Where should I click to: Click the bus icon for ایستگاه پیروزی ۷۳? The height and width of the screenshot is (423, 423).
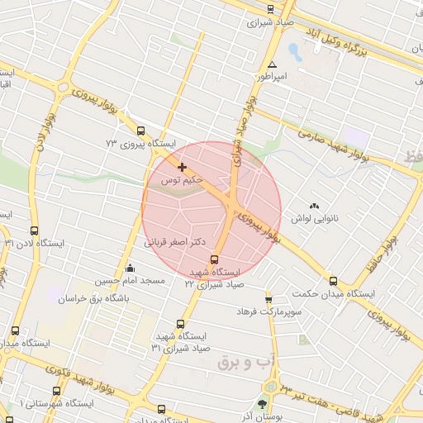click(x=140, y=131)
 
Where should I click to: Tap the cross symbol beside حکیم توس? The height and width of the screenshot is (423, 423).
click(x=182, y=168)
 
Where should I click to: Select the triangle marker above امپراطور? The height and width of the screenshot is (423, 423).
click(x=272, y=64)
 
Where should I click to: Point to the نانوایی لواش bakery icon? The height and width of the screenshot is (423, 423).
click(x=313, y=206)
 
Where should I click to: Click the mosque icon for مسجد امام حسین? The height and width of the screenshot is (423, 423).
click(x=130, y=269)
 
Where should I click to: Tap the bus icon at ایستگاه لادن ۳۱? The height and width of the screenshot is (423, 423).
click(x=34, y=231)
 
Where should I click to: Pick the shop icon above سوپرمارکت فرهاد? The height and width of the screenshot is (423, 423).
click(x=269, y=299)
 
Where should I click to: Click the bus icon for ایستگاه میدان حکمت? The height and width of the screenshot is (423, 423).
click(x=333, y=281)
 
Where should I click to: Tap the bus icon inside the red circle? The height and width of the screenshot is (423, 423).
click(x=216, y=260)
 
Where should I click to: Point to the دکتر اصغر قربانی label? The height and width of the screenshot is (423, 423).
click(x=175, y=243)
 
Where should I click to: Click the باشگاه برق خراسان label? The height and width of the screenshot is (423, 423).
click(x=96, y=297)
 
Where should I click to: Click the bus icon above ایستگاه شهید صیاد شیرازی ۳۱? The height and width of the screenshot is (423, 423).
click(x=181, y=324)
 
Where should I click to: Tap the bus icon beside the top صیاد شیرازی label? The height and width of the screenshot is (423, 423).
click(x=271, y=10)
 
